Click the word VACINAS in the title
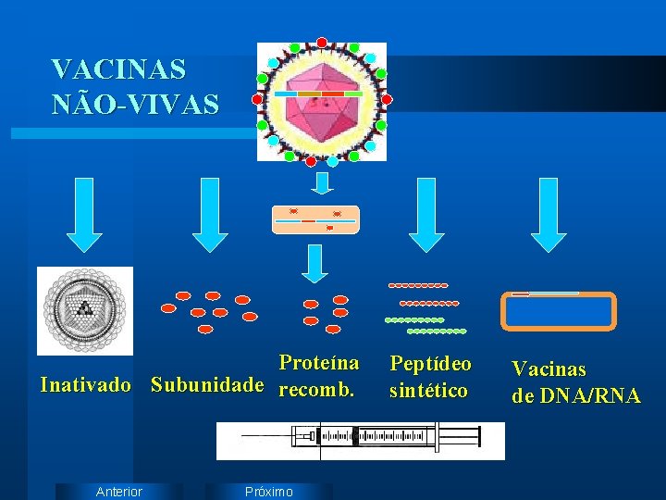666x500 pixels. [x=118, y=69]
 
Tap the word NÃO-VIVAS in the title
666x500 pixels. [x=136, y=104]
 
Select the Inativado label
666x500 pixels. [x=85, y=384]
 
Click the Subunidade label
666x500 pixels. [x=207, y=384]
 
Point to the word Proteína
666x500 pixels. [x=318, y=362]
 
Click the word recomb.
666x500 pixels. [x=316, y=390]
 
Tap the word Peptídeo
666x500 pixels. [x=430, y=363]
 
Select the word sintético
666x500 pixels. [x=428, y=391]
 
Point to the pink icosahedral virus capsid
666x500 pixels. [x=321, y=102]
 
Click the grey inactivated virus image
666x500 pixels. [x=85, y=310]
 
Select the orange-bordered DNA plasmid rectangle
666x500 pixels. [x=558, y=311]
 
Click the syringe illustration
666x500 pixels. [x=361, y=441]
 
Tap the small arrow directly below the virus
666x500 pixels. [x=320, y=182]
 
